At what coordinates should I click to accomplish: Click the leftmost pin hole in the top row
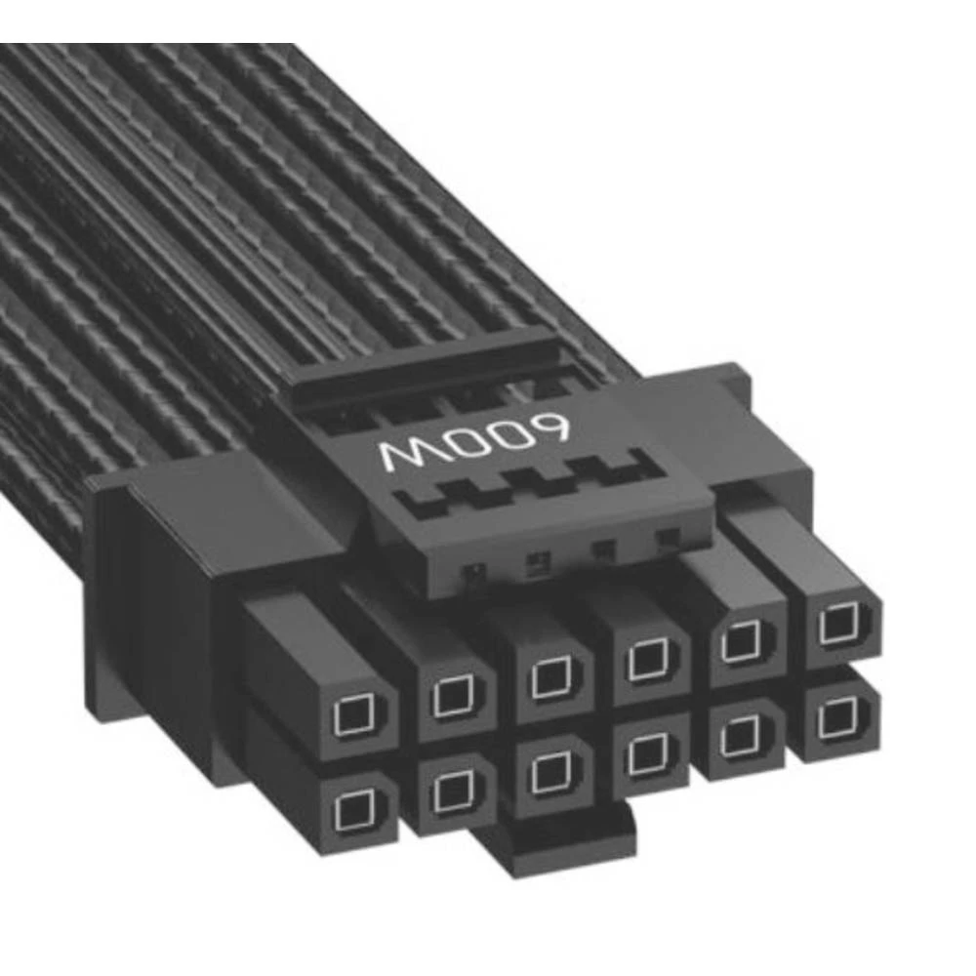point(352,717)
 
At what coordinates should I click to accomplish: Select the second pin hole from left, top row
point(452,695)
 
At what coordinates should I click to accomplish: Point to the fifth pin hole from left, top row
point(744,640)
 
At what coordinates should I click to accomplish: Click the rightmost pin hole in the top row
point(836,623)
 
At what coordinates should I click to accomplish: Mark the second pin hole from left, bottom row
point(450,790)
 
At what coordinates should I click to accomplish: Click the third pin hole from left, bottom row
point(549,771)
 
